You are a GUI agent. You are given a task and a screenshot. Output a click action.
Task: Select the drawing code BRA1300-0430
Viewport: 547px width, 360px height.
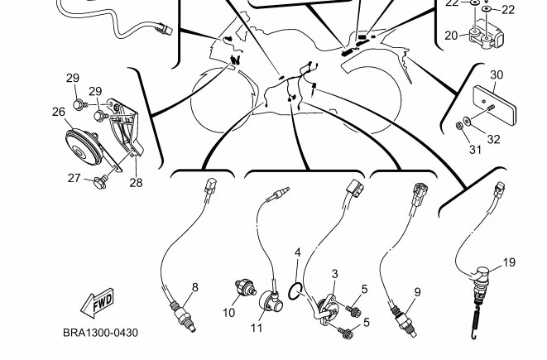click(100, 334)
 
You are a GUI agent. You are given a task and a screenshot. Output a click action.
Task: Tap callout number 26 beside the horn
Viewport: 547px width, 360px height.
click(59, 112)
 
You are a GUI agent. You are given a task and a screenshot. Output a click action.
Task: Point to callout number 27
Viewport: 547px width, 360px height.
click(74, 177)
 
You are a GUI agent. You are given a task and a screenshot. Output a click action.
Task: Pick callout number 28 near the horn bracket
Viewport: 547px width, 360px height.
click(136, 182)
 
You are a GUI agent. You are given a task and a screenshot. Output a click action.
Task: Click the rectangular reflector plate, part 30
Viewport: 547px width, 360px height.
click(491, 101)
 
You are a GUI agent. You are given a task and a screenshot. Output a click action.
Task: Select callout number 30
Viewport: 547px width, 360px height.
click(497, 74)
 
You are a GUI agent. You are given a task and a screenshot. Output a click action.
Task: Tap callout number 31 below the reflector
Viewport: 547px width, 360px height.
click(475, 150)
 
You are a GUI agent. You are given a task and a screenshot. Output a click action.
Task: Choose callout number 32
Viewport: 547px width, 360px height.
click(493, 139)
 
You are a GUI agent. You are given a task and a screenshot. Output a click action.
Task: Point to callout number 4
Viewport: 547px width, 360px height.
click(298, 252)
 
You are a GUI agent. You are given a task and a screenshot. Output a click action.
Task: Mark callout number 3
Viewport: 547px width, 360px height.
click(334, 273)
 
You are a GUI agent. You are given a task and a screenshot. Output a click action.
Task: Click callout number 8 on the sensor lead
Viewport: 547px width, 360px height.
click(195, 287)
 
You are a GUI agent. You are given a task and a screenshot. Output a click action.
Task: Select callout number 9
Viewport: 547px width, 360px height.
click(417, 291)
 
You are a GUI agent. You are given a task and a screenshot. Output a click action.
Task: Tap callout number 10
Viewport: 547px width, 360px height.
click(229, 313)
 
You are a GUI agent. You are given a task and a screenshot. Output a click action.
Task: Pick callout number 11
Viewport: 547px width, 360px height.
click(257, 328)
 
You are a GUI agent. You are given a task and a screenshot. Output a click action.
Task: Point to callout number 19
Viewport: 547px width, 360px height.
click(509, 262)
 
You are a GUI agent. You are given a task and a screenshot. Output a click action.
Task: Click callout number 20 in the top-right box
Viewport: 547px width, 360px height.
click(451, 35)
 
